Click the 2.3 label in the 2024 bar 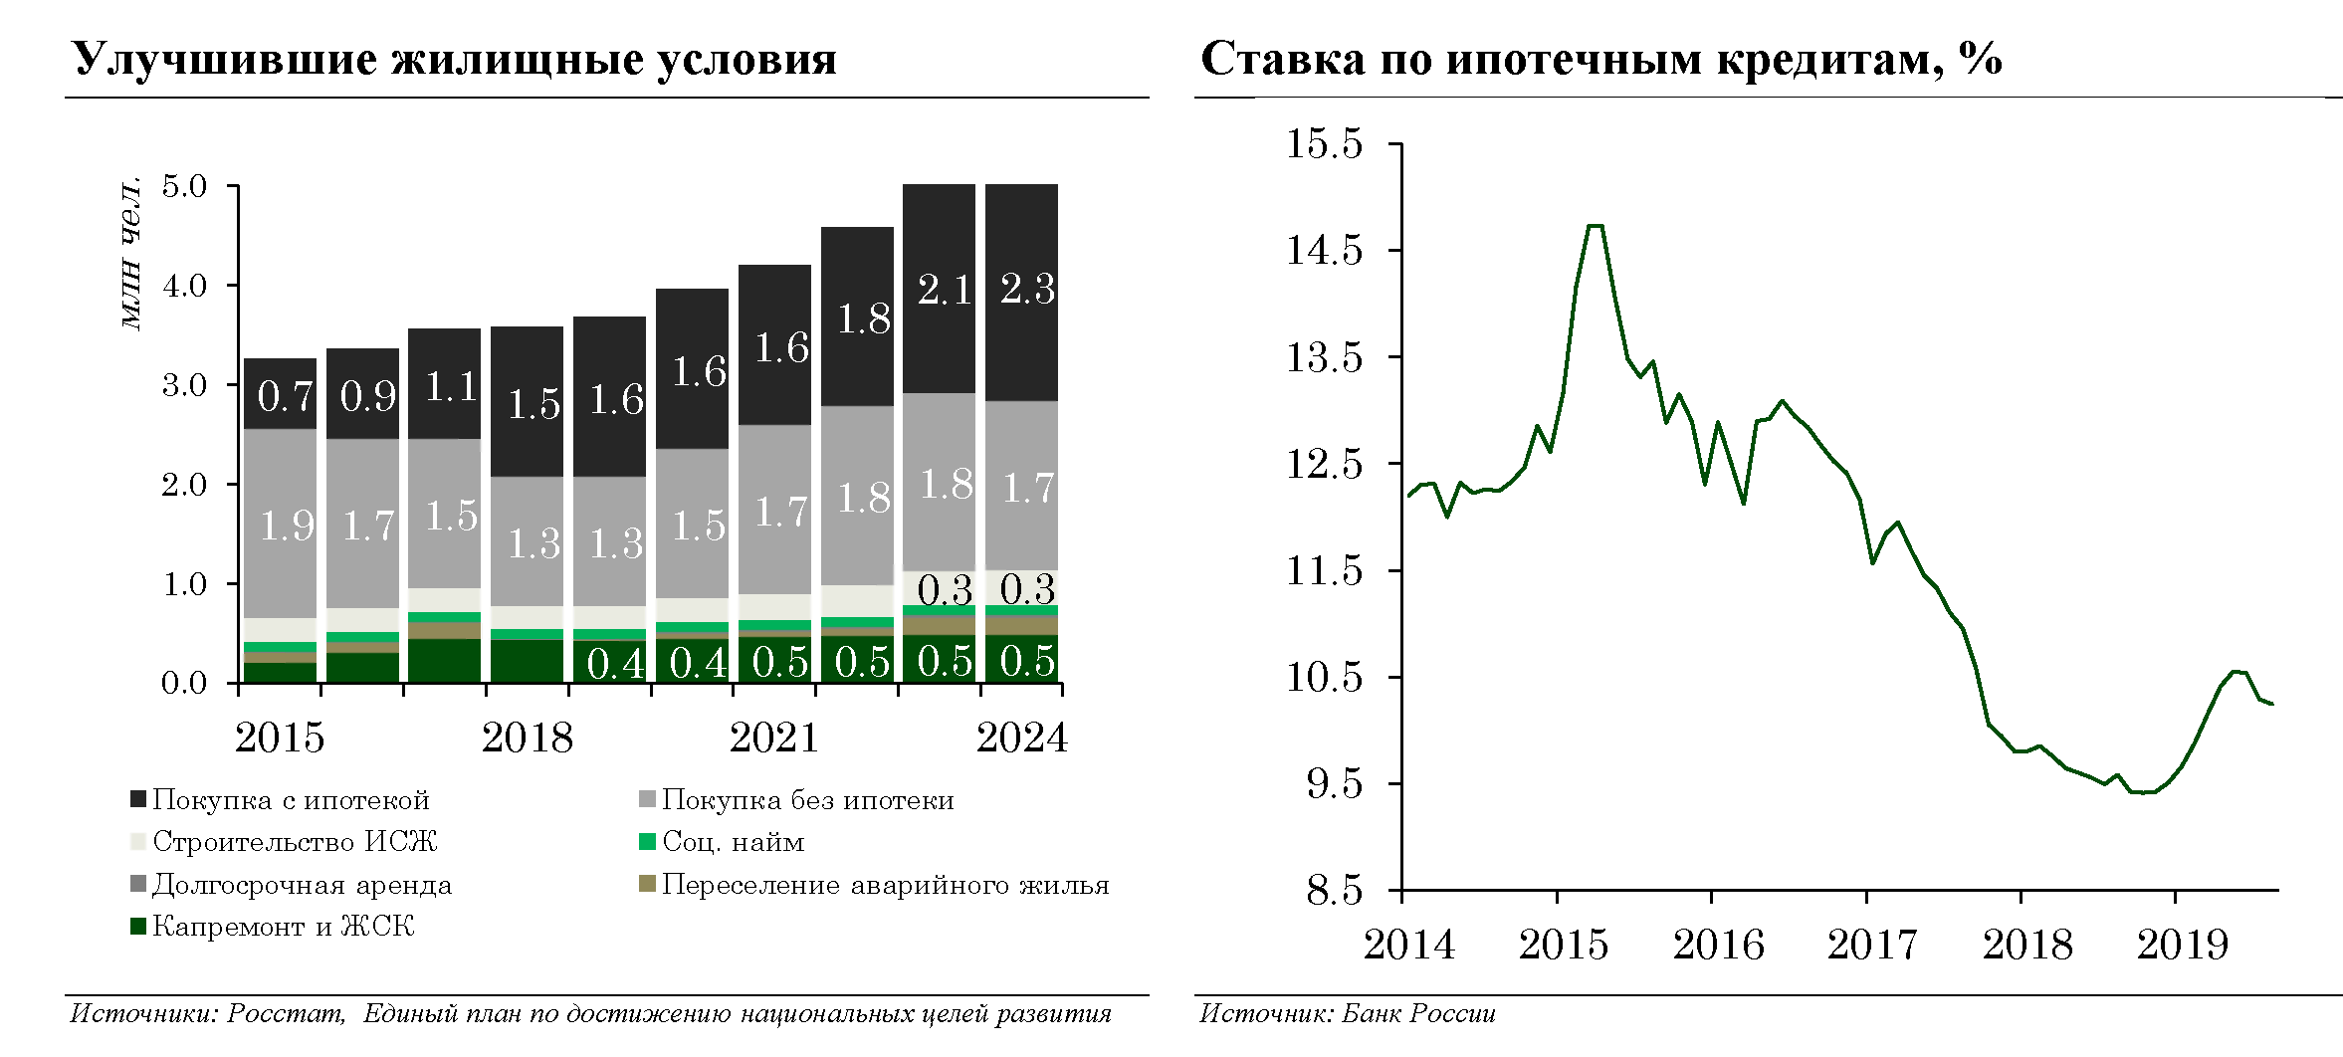(x=1027, y=290)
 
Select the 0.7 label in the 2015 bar (x=286, y=397)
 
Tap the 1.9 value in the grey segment (x=287, y=526)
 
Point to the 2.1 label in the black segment (x=945, y=291)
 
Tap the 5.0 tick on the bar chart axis (x=184, y=186)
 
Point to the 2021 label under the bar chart (x=773, y=739)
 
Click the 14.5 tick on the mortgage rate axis (x=1324, y=250)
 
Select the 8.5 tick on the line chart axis (x=1334, y=890)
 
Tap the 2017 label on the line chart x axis (x=1872, y=945)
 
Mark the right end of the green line (x=2272, y=704)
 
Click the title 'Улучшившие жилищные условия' (x=455, y=60)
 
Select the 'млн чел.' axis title (x=130, y=254)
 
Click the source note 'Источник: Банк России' (x=1347, y=1014)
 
